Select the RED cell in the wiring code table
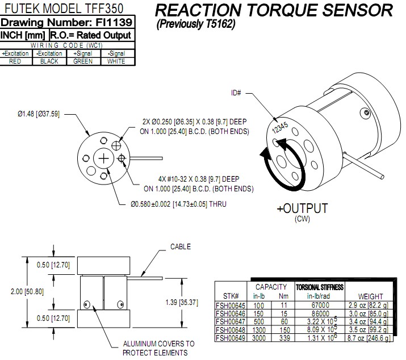[15, 61]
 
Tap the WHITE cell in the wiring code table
[116, 61]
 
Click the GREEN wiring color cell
[83, 61]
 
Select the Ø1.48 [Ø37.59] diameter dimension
[36, 113]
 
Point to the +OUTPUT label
[302, 208]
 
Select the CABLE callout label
[181, 247]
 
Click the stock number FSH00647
[233, 321]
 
